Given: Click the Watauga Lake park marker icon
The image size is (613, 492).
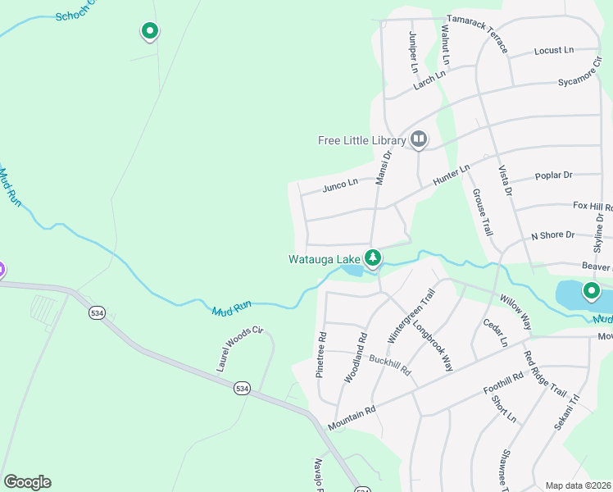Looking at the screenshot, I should click(x=373, y=259).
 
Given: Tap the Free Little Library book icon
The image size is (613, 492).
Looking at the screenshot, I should click(x=419, y=140).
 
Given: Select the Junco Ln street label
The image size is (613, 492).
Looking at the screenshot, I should click(x=340, y=184).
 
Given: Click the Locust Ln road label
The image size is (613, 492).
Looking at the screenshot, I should click(x=554, y=51).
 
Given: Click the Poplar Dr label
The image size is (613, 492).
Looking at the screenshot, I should click(x=553, y=175).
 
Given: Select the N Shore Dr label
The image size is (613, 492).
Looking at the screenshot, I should click(x=552, y=235).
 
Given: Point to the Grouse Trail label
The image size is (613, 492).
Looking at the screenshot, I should click(x=482, y=212).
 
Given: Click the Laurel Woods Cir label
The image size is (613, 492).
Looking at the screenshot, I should click(x=239, y=349).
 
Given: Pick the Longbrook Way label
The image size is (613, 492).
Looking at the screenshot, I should click(x=434, y=344).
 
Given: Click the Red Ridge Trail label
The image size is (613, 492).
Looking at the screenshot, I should click(x=545, y=373).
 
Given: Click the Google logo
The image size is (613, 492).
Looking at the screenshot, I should click(x=27, y=482).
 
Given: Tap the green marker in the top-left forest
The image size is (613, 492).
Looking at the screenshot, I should click(x=149, y=31).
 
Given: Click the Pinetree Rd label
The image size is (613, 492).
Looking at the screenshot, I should click(x=321, y=355).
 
